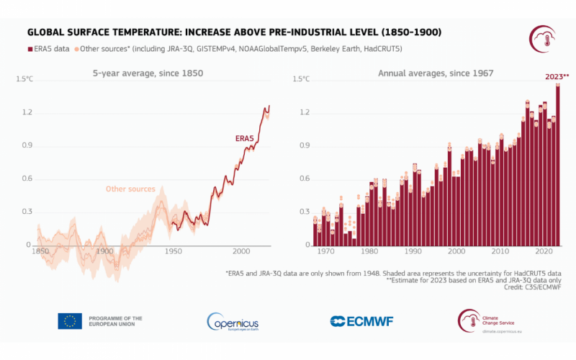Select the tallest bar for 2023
click(557, 166)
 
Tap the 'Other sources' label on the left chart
click(130, 189)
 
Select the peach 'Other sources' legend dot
click(75, 48)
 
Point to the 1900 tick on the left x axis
click(105, 251)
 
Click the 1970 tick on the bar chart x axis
click(326, 251)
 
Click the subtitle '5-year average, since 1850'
click(148, 73)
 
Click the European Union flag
click(69, 321)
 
